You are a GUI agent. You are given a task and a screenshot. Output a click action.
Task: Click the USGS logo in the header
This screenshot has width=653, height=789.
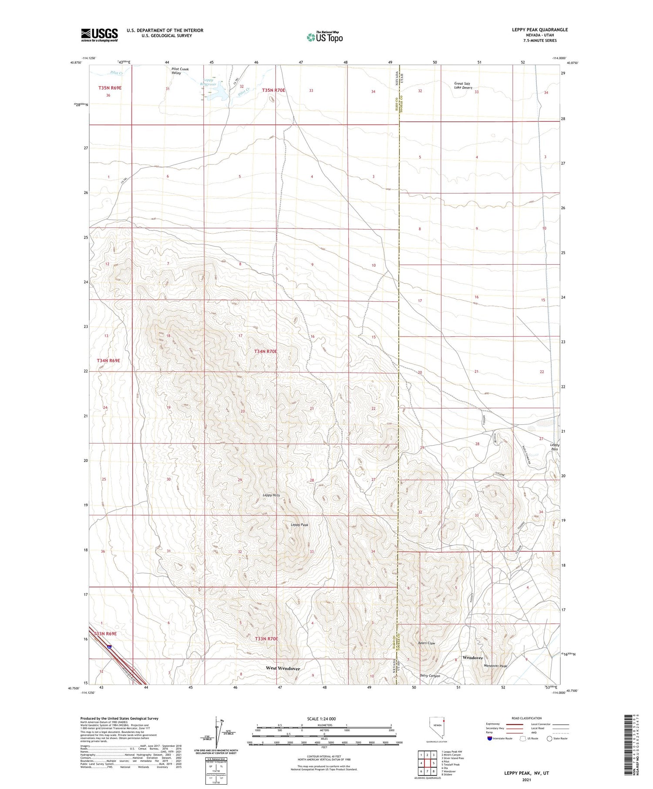click(x=99, y=35)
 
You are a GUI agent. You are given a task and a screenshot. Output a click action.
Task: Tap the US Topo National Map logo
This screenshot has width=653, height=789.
click(x=324, y=37)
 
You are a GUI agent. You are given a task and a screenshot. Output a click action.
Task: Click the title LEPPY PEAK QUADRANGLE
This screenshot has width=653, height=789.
click(x=539, y=30)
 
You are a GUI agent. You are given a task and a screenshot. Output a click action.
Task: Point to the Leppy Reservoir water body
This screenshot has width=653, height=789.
click(x=217, y=92)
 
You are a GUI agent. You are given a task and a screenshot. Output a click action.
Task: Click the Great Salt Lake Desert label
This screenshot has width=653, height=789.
click(x=463, y=85)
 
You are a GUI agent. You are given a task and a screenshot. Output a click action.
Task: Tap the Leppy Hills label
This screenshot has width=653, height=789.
click(x=271, y=495)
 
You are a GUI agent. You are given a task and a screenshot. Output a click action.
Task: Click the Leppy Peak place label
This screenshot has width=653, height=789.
click(x=299, y=525)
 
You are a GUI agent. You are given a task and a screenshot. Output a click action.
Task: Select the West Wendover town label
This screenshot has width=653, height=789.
click(x=283, y=668)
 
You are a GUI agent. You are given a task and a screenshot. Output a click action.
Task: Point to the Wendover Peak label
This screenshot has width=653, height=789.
click(x=495, y=666)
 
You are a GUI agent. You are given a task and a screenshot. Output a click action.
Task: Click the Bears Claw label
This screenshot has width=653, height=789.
click(x=426, y=643)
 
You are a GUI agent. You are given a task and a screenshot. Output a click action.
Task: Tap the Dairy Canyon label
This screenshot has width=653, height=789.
click(x=430, y=676)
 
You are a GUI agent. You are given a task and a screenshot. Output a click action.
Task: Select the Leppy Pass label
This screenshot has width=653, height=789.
click(x=554, y=447)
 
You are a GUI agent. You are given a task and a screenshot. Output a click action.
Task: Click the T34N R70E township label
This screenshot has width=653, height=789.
click(x=266, y=351)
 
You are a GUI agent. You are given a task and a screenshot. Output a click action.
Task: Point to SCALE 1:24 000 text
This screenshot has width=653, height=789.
click(x=321, y=718)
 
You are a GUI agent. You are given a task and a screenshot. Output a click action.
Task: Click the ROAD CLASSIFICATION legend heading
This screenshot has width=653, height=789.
click(x=527, y=718)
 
